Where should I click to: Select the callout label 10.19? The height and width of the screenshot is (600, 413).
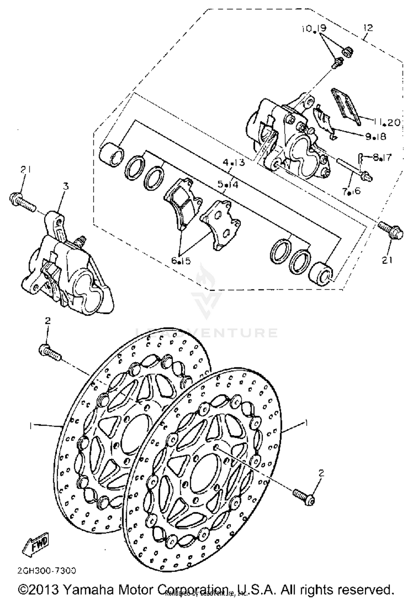[x=314, y=28]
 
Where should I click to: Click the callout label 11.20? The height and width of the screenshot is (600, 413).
[x=387, y=122]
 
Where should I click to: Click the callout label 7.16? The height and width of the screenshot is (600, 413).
[x=351, y=191]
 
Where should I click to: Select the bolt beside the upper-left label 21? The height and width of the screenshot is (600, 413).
[x=22, y=202]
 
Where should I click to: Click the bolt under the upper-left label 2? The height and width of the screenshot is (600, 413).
[x=49, y=353]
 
